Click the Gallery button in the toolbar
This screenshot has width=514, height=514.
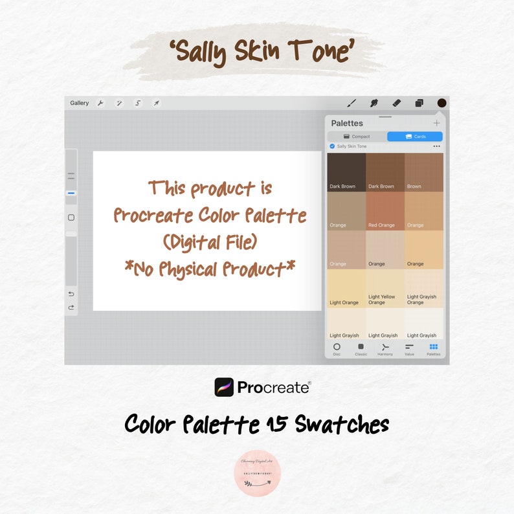[x=80, y=103]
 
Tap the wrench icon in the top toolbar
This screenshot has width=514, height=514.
[x=100, y=103]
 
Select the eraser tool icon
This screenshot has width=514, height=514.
[x=396, y=103]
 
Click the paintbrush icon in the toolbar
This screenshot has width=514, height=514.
[x=352, y=103]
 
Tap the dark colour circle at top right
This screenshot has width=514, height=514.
[x=441, y=103]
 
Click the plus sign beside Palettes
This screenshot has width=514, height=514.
[x=436, y=123]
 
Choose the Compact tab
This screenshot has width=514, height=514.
[x=357, y=137]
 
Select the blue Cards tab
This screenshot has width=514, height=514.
[x=415, y=137]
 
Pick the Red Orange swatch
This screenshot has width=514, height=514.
[x=385, y=211]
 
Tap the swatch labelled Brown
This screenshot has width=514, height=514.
[x=424, y=172]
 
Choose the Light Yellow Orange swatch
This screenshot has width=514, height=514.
[x=385, y=288]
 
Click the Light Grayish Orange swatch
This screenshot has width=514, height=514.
[x=424, y=288]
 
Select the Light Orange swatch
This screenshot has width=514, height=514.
[x=346, y=288]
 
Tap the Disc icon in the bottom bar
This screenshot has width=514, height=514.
[x=337, y=348]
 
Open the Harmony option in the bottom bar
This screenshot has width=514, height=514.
[x=385, y=348]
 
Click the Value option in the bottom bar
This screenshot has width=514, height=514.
[x=409, y=348]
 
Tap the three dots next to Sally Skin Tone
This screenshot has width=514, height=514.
[x=436, y=146]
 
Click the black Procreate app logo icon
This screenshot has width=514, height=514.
[x=224, y=387]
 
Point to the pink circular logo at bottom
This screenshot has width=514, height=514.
[x=257, y=473]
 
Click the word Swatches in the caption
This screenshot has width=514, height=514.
[x=341, y=425]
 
